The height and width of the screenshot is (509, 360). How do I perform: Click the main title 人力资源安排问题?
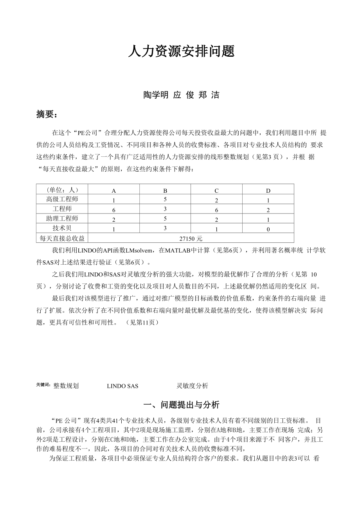point(181,51)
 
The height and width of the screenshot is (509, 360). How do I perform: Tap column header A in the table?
point(114,191)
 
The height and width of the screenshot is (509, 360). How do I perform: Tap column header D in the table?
point(268,191)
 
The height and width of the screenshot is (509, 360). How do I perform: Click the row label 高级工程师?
point(62,199)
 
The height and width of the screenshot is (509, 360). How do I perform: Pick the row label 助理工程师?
point(62,219)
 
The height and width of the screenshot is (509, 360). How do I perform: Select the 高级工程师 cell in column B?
point(165,199)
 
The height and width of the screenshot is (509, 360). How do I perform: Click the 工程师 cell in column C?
point(216,210)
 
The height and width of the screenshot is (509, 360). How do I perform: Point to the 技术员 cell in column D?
point(268,229)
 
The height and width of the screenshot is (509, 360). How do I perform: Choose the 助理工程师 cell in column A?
point(114,219)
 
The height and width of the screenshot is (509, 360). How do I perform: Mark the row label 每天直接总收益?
point(62,238)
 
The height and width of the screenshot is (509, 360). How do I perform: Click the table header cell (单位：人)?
point(62,190)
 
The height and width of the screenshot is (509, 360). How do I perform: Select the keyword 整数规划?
point(66,386)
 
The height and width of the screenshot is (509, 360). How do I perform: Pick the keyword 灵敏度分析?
point(192,386)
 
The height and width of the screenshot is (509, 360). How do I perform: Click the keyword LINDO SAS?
point(122,386)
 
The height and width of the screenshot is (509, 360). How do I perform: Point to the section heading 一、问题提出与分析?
point(182,405)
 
